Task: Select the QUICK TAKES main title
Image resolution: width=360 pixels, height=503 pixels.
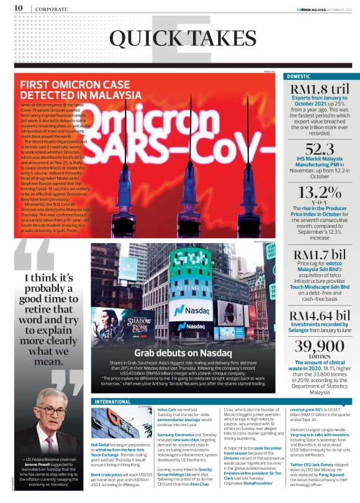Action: (179, 40)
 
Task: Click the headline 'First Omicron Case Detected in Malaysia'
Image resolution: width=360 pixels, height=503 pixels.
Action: (81, 91)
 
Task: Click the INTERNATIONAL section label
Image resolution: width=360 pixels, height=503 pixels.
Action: (114, 402)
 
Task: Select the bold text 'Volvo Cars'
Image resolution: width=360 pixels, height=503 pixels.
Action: (169, 410)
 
